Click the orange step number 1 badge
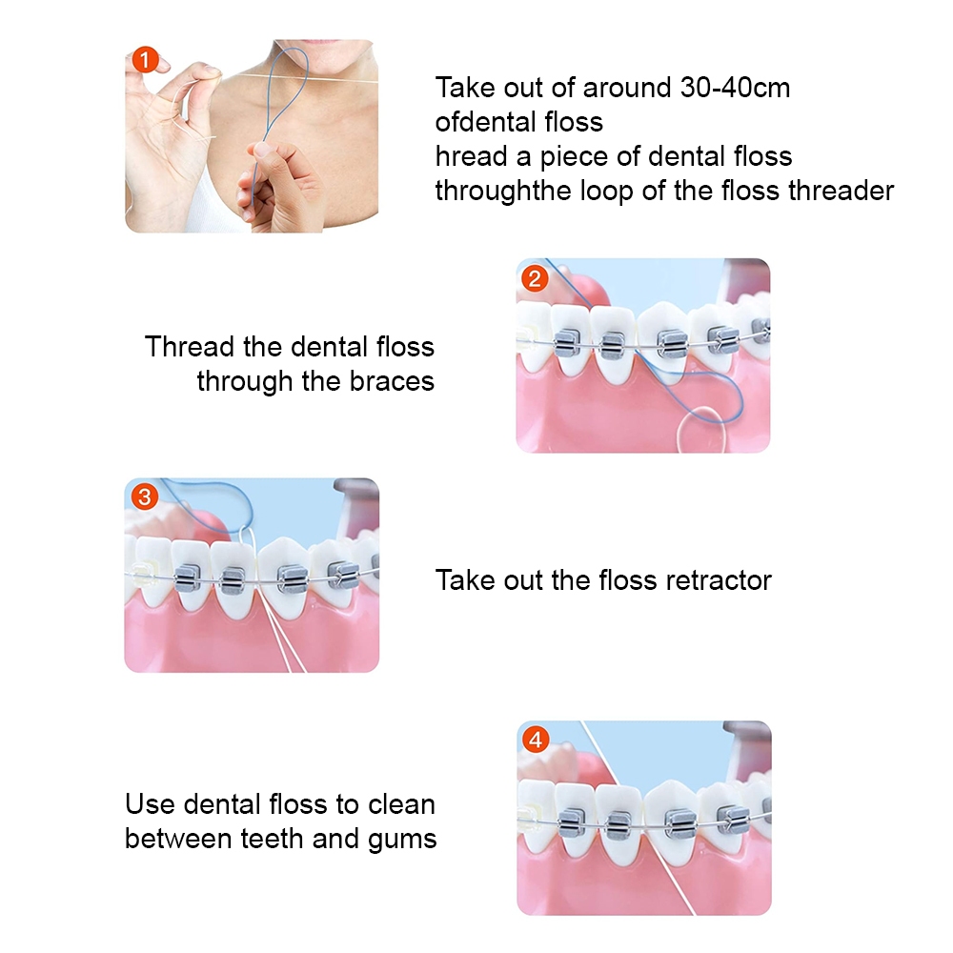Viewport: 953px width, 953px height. (x=145, y=60)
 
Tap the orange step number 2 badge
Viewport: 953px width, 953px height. (x=535, y=279)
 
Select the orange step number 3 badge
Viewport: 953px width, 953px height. (x=144, y=497)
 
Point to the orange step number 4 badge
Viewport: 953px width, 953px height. (x=536, y=740)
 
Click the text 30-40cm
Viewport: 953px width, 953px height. (x=735, y=88)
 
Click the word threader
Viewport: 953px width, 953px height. (x=841, y=191)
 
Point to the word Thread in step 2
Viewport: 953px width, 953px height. (x=190, y=347)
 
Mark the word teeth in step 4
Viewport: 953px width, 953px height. (x=273, y=840)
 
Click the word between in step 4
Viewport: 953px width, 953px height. (x=179, y=840)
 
